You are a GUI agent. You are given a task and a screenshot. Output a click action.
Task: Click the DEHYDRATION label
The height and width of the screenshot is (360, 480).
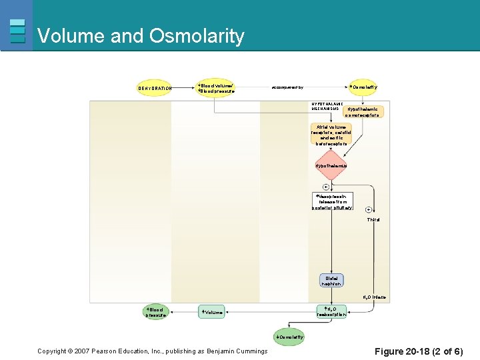(155, 88)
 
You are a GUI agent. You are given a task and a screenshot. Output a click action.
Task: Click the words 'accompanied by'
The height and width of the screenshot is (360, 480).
(287, 87)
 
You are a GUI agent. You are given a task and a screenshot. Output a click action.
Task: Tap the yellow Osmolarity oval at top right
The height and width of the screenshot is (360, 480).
(363, 87)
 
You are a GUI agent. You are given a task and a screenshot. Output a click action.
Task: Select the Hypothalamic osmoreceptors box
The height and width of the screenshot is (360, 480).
(363, 112)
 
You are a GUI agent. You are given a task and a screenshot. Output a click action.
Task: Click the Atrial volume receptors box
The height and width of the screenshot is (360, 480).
(331, 135)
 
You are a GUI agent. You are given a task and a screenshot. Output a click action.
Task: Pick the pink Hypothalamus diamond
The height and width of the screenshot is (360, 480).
(331, 165)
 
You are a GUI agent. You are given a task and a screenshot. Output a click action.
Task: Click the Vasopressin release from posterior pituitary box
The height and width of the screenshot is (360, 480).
(333, 202)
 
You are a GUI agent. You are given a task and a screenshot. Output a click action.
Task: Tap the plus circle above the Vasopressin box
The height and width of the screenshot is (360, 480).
(326, 187)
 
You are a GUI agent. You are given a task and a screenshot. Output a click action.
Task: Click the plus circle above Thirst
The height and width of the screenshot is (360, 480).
(369, 210)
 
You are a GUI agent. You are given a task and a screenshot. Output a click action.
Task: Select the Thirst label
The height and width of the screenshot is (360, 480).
(373, 220)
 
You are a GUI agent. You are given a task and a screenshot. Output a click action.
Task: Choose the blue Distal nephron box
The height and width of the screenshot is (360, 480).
(331, 281)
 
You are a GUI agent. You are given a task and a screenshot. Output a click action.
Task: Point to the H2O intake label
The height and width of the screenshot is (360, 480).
(374, 297)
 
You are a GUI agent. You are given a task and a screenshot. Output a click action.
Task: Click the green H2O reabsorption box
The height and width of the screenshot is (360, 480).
(331, 311)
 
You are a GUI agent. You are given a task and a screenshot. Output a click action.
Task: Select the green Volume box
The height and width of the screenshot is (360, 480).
(211, 312)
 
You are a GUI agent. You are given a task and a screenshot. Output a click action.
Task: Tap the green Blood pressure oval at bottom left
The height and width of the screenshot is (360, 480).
(156, 312)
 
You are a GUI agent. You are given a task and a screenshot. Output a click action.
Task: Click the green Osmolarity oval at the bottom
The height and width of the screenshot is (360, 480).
(290, 337)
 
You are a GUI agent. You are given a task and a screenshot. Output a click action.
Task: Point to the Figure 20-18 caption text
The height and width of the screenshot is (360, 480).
(418, 351)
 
